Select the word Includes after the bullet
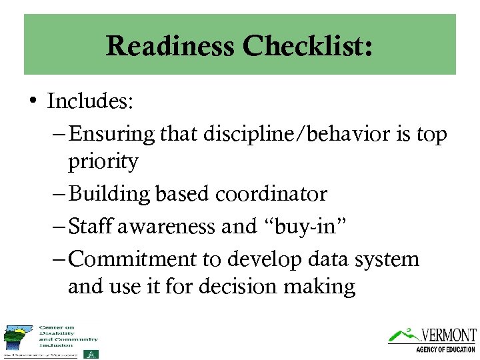91,101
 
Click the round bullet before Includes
33,102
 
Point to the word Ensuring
111,134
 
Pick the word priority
103,161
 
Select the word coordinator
271,194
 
